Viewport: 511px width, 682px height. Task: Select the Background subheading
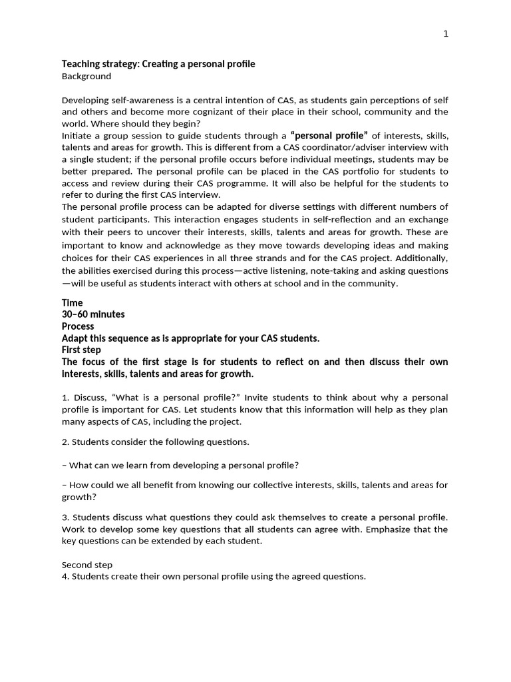(x=86, y=77)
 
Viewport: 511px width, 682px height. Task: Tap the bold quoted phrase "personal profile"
(x=329, y=135)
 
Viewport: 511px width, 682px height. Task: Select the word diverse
(x=288, y=206)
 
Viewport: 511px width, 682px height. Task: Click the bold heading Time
(x=73, y=302)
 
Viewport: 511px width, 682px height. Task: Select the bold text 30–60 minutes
(x=93, y=314)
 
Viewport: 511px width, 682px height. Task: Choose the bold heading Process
(x=78, y=326)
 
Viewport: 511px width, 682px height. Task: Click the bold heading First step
(x=81, y=350)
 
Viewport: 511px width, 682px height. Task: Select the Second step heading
(x=87, y=564)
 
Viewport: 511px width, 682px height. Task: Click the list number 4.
(x=65, y=576)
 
